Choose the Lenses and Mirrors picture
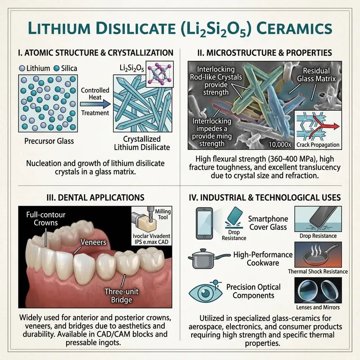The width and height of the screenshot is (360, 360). pos(318,292)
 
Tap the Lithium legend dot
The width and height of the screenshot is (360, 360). pos(22,68)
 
